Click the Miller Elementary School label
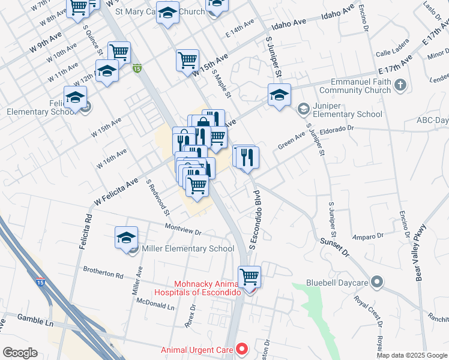click(187, 248)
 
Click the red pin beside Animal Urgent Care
click(242, 348)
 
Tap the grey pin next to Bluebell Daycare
click(377, 281)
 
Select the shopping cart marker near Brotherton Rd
click(250, 277)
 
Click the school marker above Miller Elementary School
click(127, 238)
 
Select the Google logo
click(20, 353)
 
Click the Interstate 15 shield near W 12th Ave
click(137, 69)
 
